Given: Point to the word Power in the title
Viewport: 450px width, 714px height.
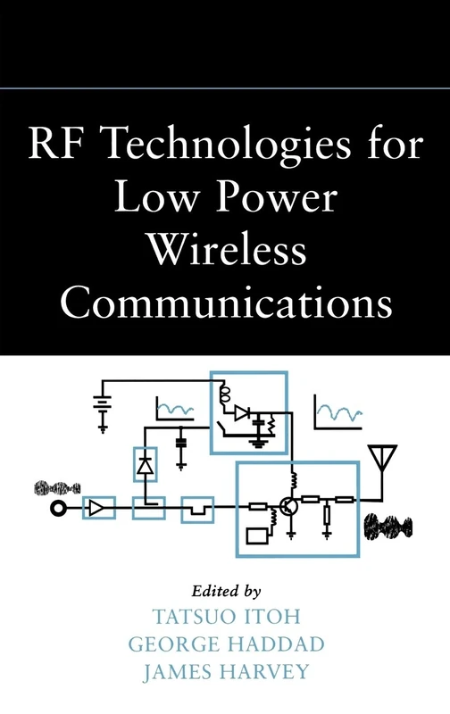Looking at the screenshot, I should pos(289,201).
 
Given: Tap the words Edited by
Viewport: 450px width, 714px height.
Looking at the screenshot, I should pos(225,590).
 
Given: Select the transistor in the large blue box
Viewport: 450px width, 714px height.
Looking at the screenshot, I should pos(288,506).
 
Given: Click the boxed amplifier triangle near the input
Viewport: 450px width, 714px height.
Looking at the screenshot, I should pos(97,509).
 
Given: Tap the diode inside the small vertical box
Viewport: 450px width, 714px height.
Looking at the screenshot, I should pos(144,464).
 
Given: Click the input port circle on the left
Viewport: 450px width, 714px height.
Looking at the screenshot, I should pos(60,509).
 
